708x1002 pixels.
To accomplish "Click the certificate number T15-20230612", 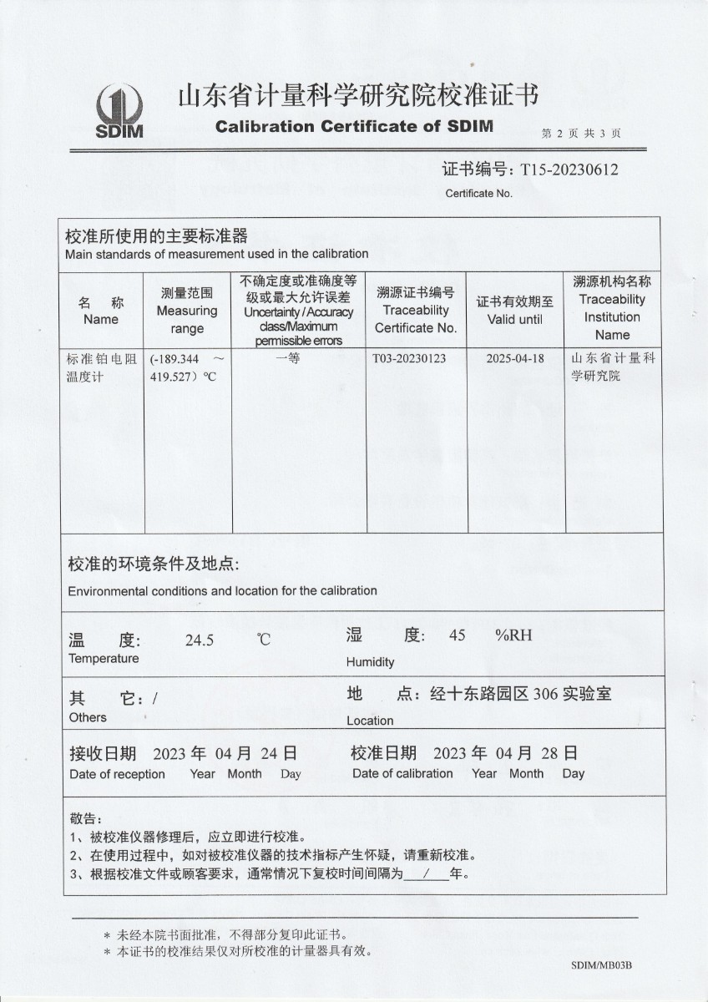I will point(569,170).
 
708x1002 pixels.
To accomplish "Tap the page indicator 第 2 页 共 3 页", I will point(580,133).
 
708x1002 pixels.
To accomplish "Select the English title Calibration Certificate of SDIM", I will point(354,127).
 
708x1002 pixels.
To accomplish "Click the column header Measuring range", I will point(187,311).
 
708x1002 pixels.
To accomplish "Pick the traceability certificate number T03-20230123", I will point(415,358).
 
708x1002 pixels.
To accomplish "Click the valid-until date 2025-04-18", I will point(514,358).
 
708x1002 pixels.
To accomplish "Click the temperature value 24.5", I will point(200,641).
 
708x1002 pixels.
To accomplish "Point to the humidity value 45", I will point(457,635).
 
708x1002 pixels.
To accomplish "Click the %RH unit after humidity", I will point(513,635).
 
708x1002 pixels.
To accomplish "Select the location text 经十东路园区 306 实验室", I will point(520,694).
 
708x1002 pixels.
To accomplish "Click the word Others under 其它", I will point(88,717).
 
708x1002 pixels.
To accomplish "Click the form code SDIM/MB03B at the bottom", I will point(601,965).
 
